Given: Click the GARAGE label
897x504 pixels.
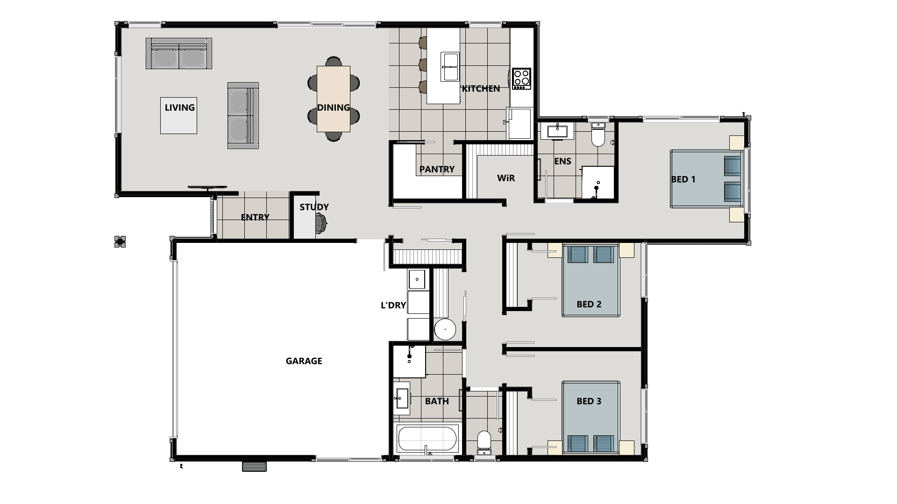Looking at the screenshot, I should [304, 361].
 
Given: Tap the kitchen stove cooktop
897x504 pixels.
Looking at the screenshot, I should [521, 78].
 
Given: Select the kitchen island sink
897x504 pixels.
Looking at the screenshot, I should [450, 67].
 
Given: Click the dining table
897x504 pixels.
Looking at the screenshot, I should [333, 99].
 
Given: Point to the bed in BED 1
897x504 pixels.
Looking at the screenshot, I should [705, 179].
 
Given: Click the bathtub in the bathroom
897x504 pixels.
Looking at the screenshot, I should [427, 439].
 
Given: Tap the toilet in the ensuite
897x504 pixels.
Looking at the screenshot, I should [598, 135].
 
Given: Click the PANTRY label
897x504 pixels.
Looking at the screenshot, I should [437, 169].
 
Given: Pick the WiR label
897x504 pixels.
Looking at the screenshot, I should [506, 178].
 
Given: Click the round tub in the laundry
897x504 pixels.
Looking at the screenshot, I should [445, 329].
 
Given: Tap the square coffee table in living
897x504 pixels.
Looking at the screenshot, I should [178, 115].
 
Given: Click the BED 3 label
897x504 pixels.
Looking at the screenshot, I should [589, 401].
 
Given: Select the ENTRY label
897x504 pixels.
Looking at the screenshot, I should [255, 217].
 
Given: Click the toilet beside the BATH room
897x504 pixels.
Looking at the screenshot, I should [484, 441].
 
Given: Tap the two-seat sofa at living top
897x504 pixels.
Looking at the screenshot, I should [179, 54].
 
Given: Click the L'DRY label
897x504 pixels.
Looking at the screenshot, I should [393, 305].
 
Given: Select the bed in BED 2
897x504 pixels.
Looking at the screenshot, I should [591, 280].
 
